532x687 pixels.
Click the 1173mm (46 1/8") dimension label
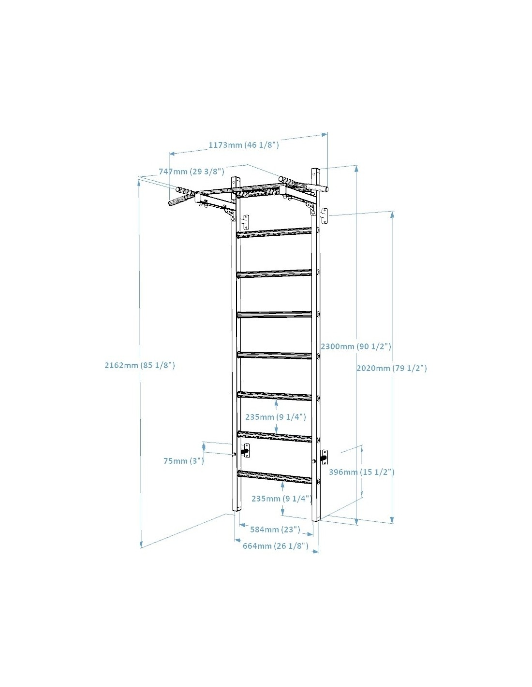[243, 145]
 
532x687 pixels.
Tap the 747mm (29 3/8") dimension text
[191, 172]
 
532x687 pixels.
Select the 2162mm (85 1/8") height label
[140, 365]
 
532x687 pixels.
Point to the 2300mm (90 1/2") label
[356, 346]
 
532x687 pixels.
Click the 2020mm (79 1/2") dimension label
[391, 368]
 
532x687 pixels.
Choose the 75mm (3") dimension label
[184, 461]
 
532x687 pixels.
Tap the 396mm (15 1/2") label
[361, 472]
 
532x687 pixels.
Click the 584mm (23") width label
[275, 529]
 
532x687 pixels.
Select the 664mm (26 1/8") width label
[275, 545]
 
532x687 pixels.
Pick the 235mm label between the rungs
[275, 416]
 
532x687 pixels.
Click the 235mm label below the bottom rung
[281, 499]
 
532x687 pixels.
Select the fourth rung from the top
[274, 355]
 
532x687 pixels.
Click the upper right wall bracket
[325, 216]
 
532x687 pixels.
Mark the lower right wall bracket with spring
[325, 457]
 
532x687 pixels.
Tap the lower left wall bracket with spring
[246, 451]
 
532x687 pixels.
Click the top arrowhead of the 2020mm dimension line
[392, 214]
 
